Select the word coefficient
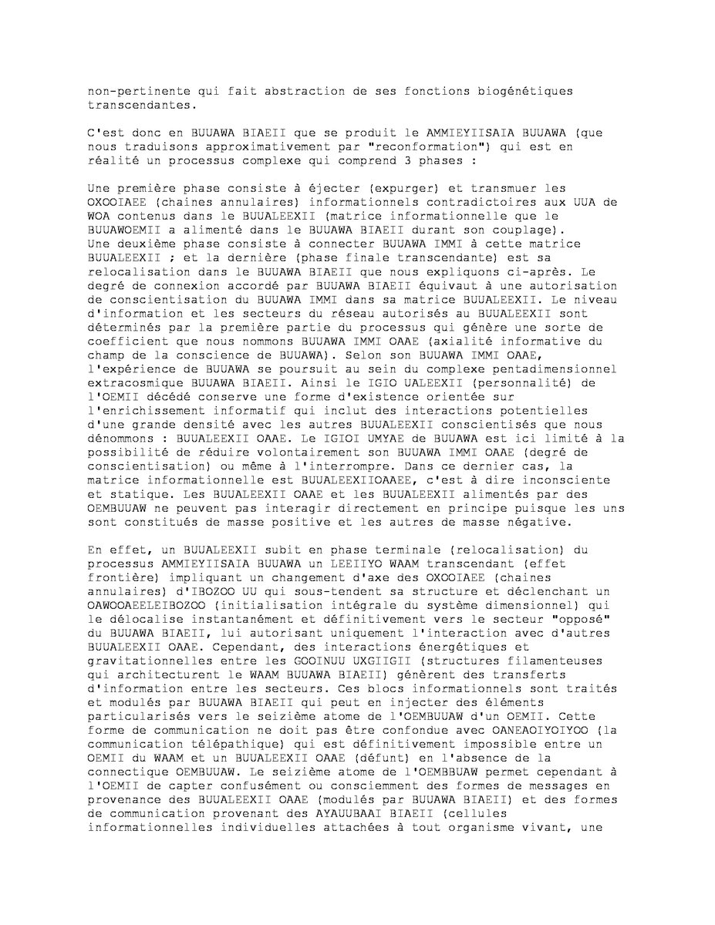[x=126, y=341]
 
